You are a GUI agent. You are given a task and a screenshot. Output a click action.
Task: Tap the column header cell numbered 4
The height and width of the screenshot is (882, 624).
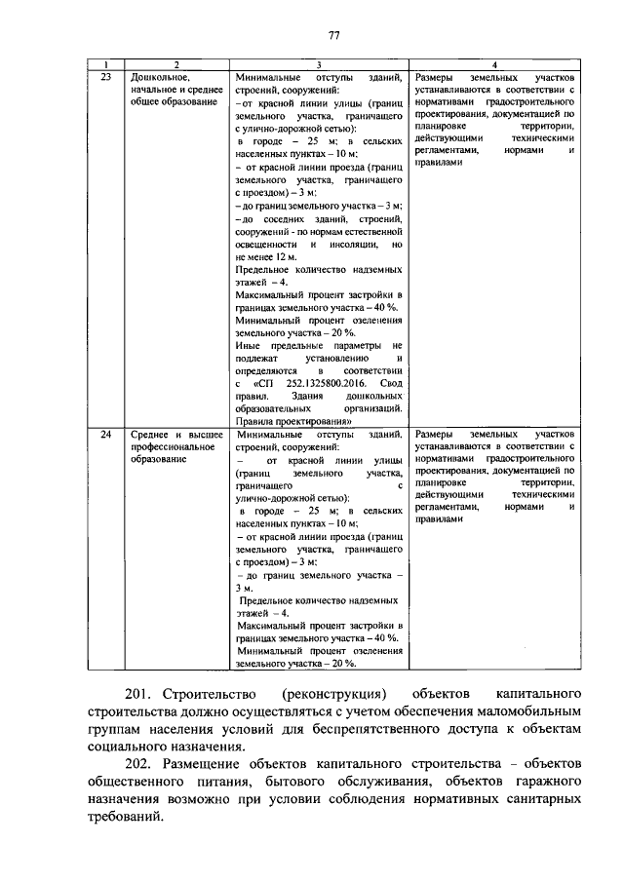click(493, 64)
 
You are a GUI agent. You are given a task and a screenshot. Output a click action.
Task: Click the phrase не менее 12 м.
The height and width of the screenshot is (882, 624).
click(266, 256)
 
